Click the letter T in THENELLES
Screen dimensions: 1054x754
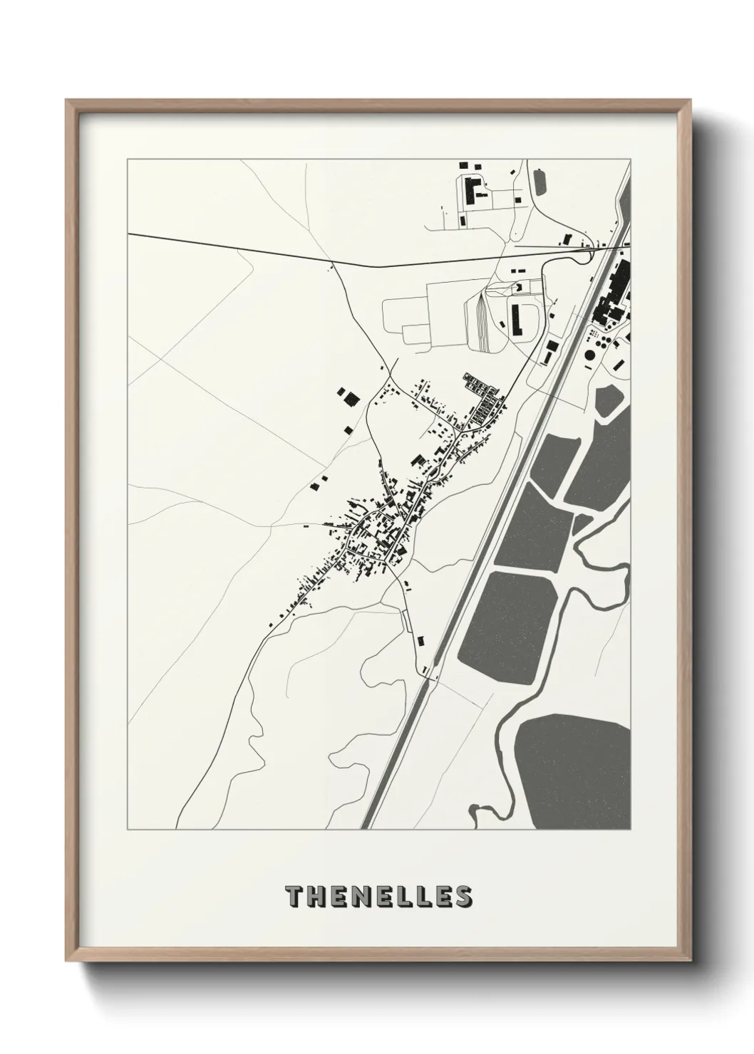(x=294, y=897)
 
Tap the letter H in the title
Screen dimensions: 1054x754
(x=316, y=897)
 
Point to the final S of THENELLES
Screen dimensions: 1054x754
(x=463, y=897)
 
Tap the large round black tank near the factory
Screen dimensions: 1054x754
(x=590, y=355)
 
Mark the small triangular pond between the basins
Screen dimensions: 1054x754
(x=582, y=523)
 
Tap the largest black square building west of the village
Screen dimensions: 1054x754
(x=350, y=397)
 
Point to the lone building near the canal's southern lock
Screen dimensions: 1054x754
(x=420, y=640)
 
